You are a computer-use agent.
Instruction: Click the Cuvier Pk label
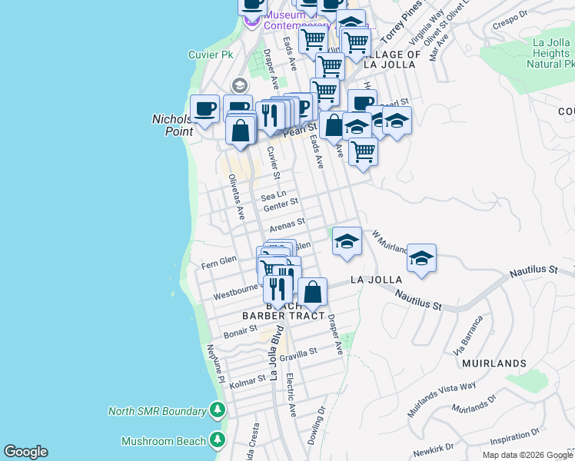[x=210, y=55]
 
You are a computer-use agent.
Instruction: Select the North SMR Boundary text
[x=157, y=410]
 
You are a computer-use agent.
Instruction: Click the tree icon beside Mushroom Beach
[x=218, y=440]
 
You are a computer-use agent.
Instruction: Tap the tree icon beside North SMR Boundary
[x=218, y=410]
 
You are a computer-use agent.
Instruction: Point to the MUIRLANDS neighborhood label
[x=494, y=363]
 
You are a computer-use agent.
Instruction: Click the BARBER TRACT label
[x=278, y=316]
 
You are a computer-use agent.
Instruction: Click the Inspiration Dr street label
[x=515, y=440]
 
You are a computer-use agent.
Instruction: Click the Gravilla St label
[x=298, y=354]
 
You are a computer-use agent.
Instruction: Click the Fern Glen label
[x=218, y=261]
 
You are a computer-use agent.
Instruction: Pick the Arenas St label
[x=287, y=224]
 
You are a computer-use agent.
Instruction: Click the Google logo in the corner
[x=25, y=452]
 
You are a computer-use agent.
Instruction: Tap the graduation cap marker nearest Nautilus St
[x=421, y=258]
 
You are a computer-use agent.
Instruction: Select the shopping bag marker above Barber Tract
[x=312, y=292]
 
